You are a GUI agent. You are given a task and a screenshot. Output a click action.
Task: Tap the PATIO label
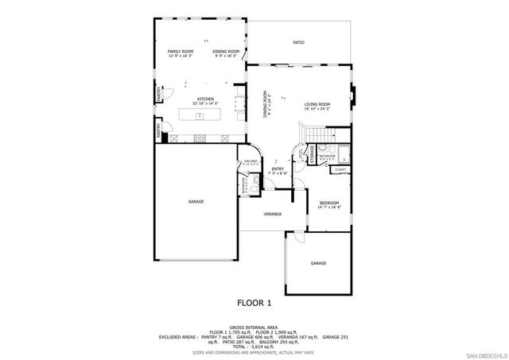click(298, 42)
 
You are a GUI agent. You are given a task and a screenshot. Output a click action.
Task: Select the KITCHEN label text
click(206, 100)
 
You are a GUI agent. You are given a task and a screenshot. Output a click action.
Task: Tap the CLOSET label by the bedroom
click(340, 169)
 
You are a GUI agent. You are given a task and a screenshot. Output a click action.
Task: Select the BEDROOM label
click(328, 204)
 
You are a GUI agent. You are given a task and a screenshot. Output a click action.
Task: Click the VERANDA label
click(273, 215)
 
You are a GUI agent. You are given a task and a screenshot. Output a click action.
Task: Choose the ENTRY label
click(278, 169)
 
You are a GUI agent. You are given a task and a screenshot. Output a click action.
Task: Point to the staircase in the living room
click(318, 135)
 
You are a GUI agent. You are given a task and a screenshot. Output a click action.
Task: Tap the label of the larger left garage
click(196, 202)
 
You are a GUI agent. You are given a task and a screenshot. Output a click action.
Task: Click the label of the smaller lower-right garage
click(318, 263)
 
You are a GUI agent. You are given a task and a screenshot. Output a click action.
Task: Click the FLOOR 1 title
click(254, 303)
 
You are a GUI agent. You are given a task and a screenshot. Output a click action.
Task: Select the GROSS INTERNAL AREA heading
click(254, 327)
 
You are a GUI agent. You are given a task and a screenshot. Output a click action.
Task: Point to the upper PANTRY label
click(159, 94)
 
